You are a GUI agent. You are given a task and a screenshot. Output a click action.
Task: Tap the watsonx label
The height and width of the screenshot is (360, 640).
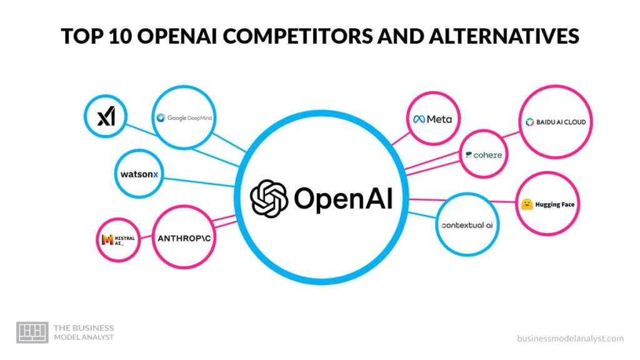[x=139, y=174]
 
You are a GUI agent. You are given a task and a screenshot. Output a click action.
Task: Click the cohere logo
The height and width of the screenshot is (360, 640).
[x=483, y=154]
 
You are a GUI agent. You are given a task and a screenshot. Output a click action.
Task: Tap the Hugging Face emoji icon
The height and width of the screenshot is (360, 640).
[x=527, y=204]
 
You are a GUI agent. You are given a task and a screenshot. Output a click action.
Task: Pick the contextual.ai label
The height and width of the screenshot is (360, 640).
[x=467, y=225]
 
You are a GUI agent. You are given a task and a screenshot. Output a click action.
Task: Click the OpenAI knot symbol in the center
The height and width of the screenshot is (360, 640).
[x=269, y=198]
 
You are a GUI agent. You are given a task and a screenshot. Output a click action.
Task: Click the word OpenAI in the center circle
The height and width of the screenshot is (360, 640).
[x=343, y=198]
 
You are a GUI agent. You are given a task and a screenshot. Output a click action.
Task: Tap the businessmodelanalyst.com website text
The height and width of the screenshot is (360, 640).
[x=570, y=338]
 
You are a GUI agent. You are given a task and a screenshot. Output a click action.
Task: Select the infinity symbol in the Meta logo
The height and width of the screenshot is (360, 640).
[x=418, y=119]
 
